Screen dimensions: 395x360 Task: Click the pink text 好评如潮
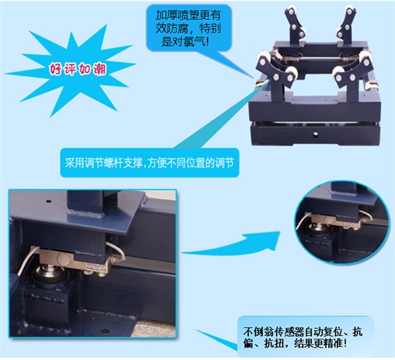(x=78, y=68)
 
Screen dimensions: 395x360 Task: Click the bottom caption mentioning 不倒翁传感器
(x=303, y=337)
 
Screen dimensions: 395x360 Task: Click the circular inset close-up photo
(x=341, y=225)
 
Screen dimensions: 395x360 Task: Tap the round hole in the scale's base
(x=315, y=135)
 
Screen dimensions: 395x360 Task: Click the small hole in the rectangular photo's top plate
(x=49, y=201)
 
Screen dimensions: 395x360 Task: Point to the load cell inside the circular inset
(x=335, y=222)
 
